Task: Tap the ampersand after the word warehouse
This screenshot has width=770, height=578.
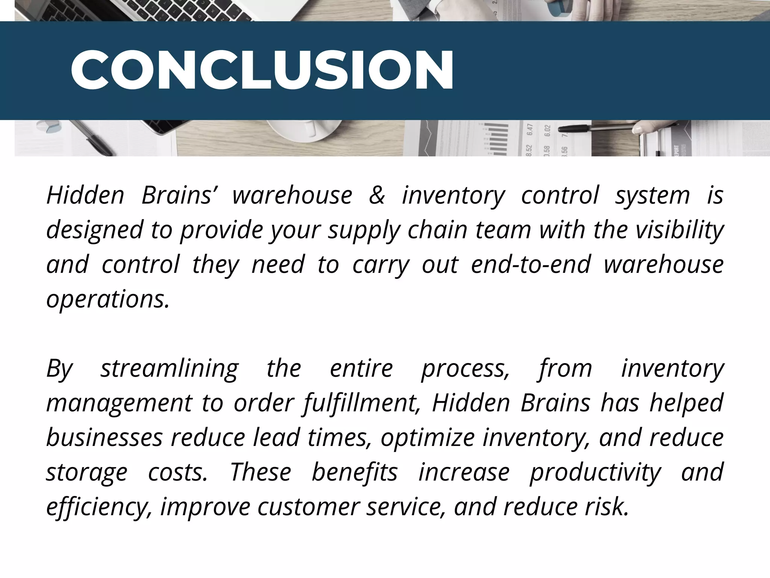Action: (377, 196)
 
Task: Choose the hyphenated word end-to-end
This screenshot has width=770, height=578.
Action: (531, 265)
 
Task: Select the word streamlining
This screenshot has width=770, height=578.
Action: (170, 369)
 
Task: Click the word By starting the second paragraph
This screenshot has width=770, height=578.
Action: (59, 369)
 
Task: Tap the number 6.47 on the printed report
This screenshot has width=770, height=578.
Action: (530, 129)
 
